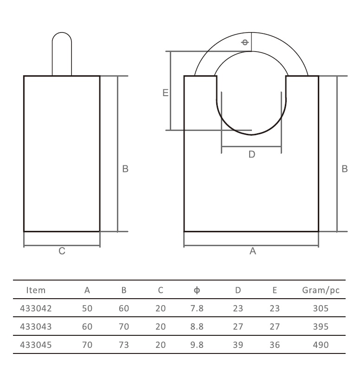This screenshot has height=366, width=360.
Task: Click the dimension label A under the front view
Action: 253,251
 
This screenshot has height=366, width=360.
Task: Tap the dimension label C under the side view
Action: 62,251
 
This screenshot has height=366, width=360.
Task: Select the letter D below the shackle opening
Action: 252,154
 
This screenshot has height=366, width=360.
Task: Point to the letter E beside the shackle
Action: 165,93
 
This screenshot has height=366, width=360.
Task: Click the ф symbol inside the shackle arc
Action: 245,42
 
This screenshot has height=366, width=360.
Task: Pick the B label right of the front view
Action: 345,169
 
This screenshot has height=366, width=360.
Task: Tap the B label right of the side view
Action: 125,169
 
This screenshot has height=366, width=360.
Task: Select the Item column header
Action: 36,290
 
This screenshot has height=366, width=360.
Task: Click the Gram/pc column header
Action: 321,290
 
